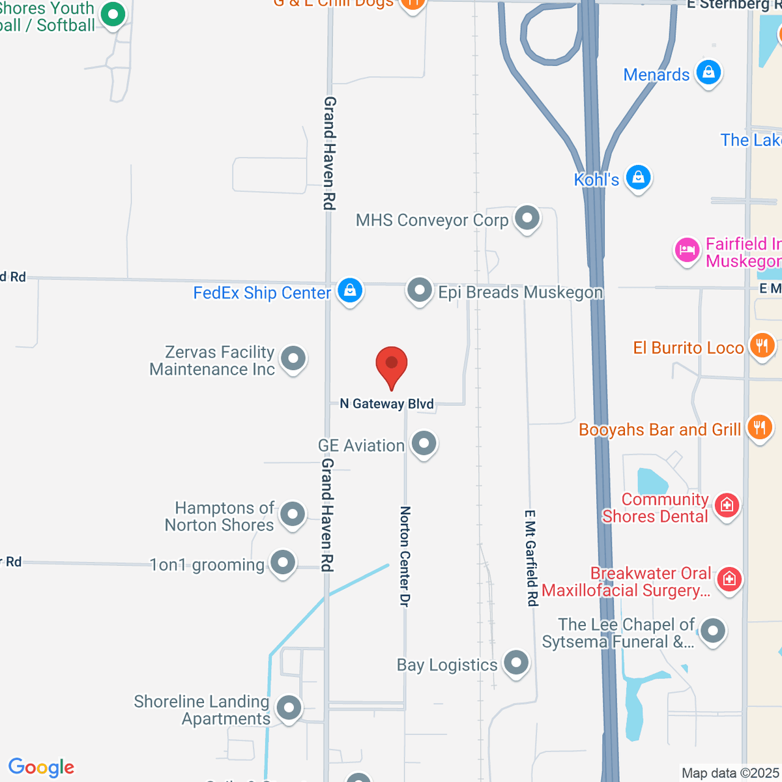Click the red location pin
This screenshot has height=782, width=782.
pos(392,364)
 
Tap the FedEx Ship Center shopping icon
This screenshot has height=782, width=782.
pos(350,291)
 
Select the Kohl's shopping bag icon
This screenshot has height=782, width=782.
pos(638,177)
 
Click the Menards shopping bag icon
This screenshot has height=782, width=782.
pos(708,72)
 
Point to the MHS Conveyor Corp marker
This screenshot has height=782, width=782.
pos(527,218)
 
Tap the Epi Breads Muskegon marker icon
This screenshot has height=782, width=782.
pos(420,290)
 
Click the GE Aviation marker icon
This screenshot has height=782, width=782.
pos(424,444)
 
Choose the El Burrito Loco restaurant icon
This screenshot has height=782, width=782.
pos(762,345)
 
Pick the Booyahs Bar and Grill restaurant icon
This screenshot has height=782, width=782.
pos(759,428)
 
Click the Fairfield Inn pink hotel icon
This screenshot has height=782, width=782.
pos(687,250)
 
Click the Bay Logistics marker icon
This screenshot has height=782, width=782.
pos(516,663)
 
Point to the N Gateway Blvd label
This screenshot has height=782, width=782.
pos(387,404)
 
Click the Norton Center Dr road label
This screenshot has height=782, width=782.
pos(405,557)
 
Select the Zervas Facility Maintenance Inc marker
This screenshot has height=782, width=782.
pos(293,358)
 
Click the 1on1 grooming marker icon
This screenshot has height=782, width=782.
pos(283,562)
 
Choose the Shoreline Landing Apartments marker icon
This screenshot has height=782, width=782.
pos(289,708)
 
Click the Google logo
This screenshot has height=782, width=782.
pos(42,767)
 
